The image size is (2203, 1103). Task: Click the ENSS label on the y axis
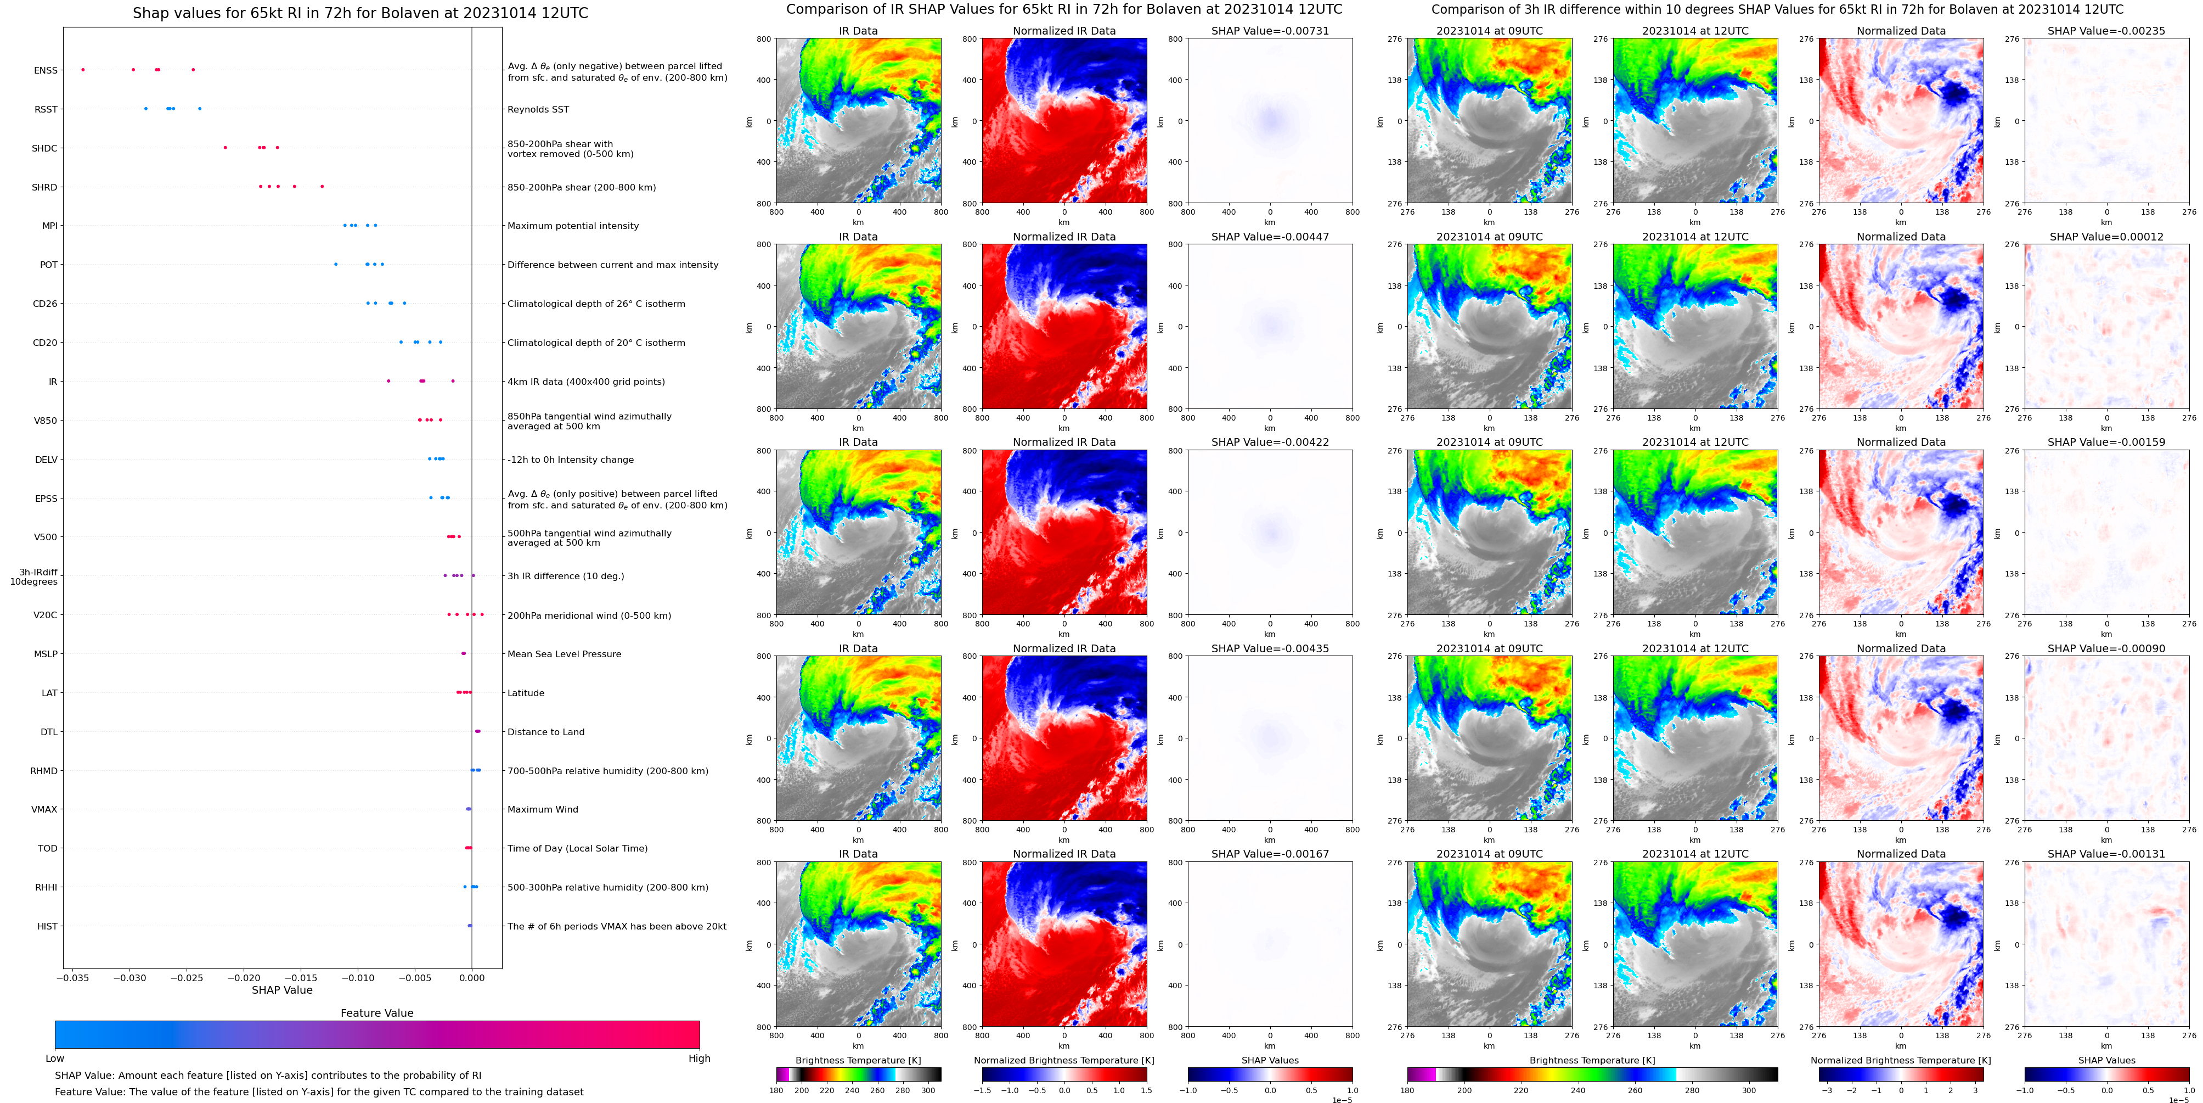[46, 70]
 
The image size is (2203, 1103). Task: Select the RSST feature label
[46, 109]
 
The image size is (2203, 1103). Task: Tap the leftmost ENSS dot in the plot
[83, 69]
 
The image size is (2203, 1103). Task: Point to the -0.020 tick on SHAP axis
[245, 977]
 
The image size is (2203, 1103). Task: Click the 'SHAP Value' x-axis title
[282, 990]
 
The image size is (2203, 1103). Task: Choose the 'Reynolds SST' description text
[538, 109]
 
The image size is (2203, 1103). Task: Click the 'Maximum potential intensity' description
[573, 226]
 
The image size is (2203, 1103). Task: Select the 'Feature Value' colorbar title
[377, 1013]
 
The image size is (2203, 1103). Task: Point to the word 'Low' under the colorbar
[55, 1059]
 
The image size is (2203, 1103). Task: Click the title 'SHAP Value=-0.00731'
[1270, 31]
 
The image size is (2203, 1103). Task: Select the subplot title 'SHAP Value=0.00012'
[2106, 237]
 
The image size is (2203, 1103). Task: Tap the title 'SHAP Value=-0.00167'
[1270, 854]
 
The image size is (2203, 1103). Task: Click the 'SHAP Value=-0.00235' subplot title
[2106, 31]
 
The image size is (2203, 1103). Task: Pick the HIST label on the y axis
[47, 926]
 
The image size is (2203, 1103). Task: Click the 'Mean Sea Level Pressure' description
[565, 654]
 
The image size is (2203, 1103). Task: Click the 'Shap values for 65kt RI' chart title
[360, 13]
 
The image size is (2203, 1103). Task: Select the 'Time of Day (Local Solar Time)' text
[577, 848]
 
